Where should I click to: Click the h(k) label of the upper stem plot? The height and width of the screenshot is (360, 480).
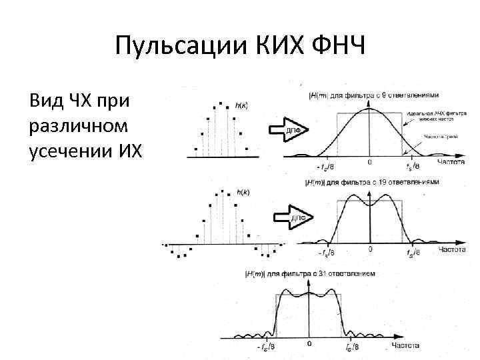[x=243, y=105]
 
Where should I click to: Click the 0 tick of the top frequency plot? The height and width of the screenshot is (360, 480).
[x=369, y=162]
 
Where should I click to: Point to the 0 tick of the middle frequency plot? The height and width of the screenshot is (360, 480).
[x=370, y=249]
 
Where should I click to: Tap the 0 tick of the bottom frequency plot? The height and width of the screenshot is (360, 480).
[x=309, y=344]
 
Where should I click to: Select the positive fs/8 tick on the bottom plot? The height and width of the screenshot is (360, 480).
[x=353, y=347]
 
